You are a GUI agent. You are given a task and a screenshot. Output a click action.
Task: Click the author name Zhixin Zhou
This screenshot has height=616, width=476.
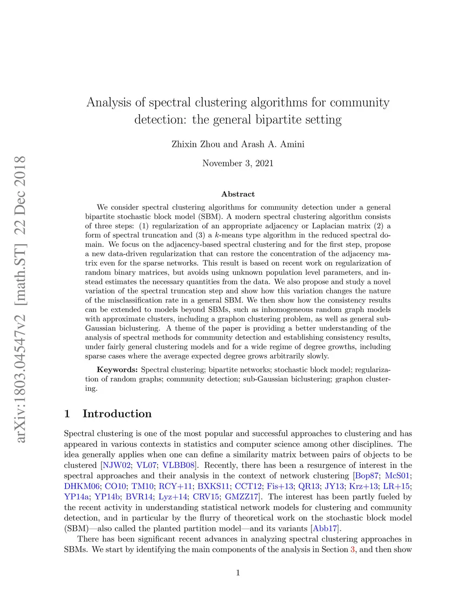click(196, 144)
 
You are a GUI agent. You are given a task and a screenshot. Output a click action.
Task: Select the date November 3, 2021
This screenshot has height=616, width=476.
click(238, 163)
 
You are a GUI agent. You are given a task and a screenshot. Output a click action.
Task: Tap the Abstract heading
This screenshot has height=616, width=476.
click(238, 194)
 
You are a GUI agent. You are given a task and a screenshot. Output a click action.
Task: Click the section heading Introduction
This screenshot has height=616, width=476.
click(117, 414)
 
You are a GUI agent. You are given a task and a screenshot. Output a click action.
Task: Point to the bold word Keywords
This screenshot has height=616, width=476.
click(117, 370)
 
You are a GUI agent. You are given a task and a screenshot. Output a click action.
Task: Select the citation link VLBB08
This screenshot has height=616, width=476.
click(178, 465)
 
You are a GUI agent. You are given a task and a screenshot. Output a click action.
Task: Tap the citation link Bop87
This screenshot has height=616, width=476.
click(367, 476)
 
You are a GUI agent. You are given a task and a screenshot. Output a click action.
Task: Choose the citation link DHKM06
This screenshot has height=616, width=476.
click(82, 486)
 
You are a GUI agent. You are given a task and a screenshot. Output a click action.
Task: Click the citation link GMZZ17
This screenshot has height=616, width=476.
click(241, 497)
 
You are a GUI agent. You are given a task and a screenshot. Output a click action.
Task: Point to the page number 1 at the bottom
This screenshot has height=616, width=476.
click(238, 573)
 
